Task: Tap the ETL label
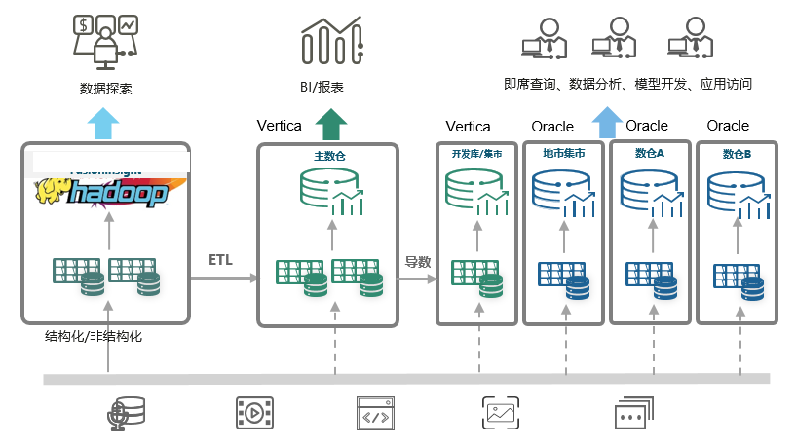pyautogui.click(x=221, y=260)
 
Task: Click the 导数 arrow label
pyautogui.click(x=418, y=261)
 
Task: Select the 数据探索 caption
pyautogui.click(x=105, y=89)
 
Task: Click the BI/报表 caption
pyautogui.click(x=322, y=88)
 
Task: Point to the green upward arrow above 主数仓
pyautogui.click(x=330, y=125)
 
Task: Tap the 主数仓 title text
pyautogui.click(x=329, y=155)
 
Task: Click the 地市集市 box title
pyautogui.click(x=563, y=154)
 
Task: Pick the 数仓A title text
pyautogui.click(x=649, y=154)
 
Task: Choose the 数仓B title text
pyautogui.click(x=737, y=154)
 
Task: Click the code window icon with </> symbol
pyautogui.click(x=376, y=413)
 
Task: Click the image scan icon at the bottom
pyautogui.click(x=499, y=413)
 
